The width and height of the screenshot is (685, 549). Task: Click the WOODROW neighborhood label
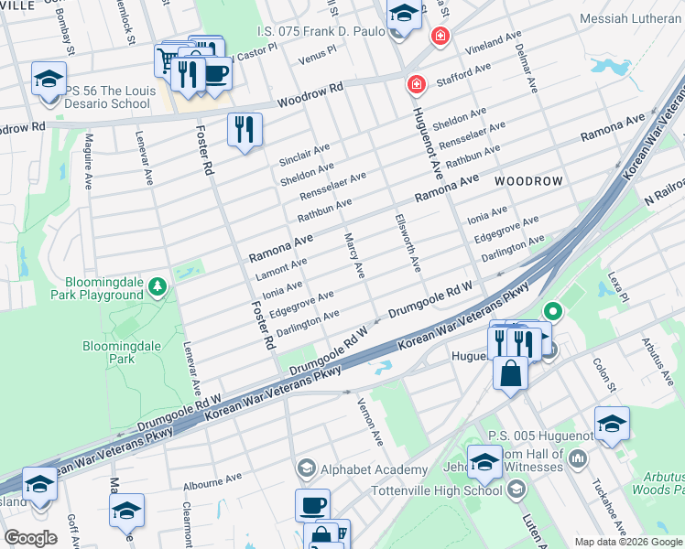[x=528, y=181]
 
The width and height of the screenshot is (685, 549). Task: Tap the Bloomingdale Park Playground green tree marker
[x=158, y=287]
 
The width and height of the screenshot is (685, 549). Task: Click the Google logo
[x=30, y=538]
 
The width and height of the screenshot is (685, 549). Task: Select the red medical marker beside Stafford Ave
[x=416, y=84]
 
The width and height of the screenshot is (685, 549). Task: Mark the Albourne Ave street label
[x=212, y=477]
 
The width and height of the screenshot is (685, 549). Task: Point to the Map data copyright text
[x=627, y=542]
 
